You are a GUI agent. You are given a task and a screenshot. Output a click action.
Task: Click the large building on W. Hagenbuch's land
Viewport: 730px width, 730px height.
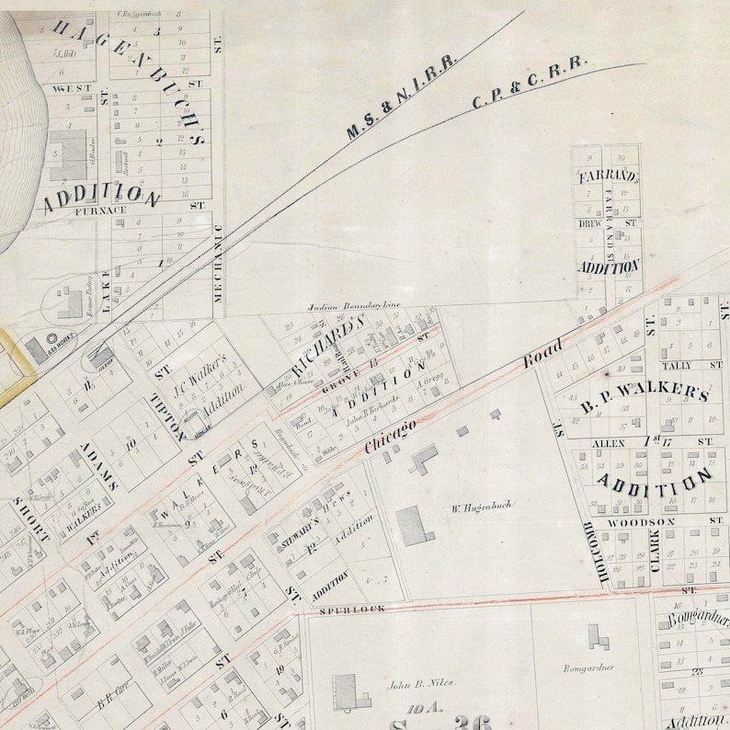click(x=414, y=525)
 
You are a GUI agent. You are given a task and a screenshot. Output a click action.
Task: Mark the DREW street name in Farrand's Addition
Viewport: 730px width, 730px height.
click(x=589, y=223)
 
